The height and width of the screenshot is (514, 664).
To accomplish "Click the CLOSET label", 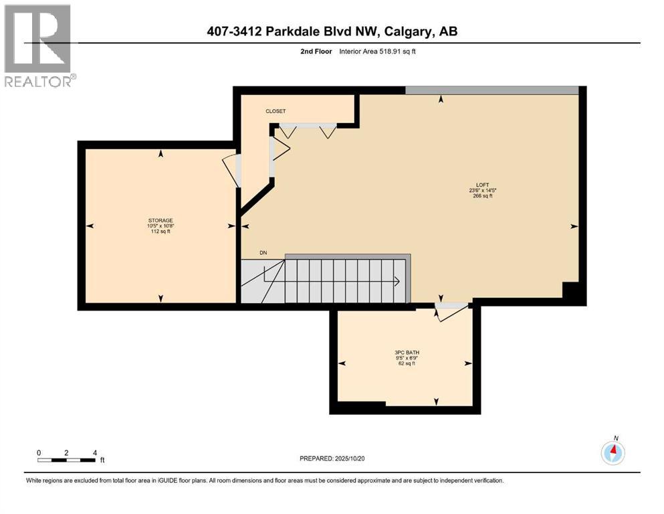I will click(x=275, y=111).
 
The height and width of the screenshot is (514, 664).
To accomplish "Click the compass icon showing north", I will click(x=613, y=453).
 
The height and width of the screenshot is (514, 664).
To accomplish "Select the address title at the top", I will click(x=332, y=31).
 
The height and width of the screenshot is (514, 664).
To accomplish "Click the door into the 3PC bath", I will click(x=449, y=311).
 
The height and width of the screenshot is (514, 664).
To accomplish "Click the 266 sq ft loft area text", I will click(x=481, y=196).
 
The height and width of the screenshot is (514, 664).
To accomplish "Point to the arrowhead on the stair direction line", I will click(x=398, y=282).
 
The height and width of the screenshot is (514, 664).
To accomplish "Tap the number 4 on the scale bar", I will click(x=94, y=452).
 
